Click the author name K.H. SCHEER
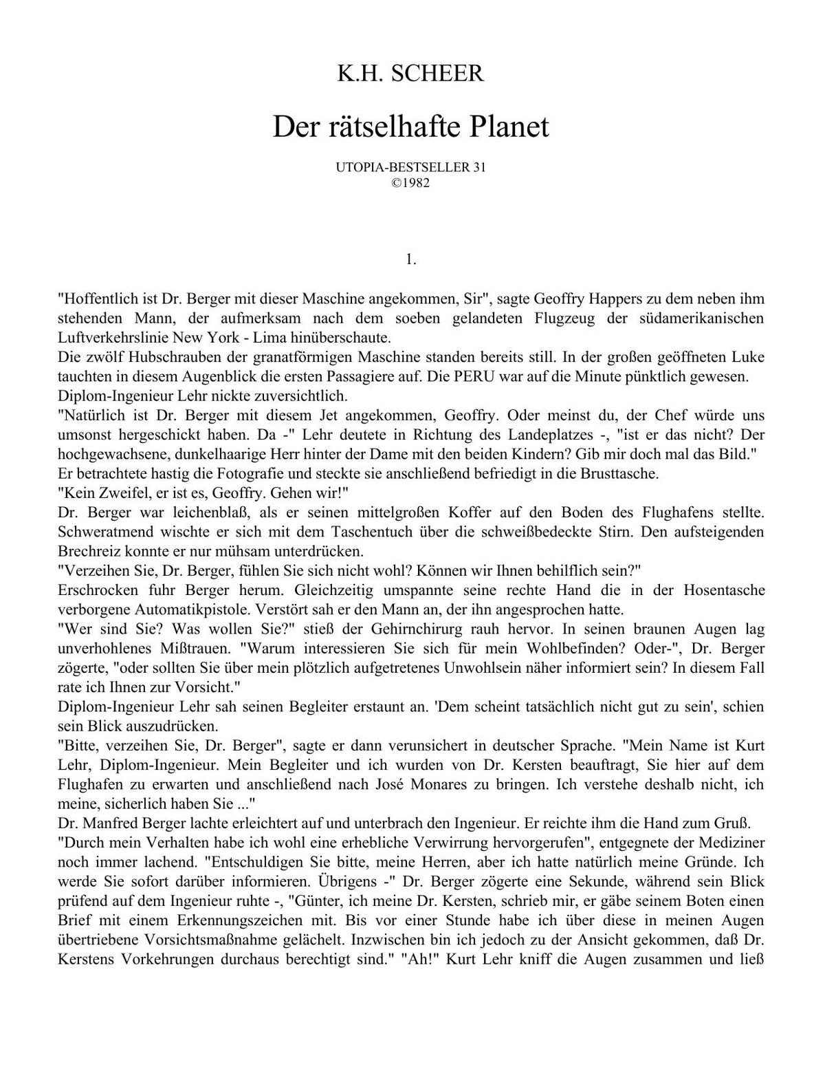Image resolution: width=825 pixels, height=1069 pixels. point(410,74)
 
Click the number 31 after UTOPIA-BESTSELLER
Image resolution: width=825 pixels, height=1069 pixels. point(479,167)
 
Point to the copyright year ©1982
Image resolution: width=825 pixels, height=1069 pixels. point(410,184)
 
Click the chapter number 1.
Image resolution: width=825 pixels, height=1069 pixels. point(411,259)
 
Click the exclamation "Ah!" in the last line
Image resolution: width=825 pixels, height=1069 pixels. point(419,959)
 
